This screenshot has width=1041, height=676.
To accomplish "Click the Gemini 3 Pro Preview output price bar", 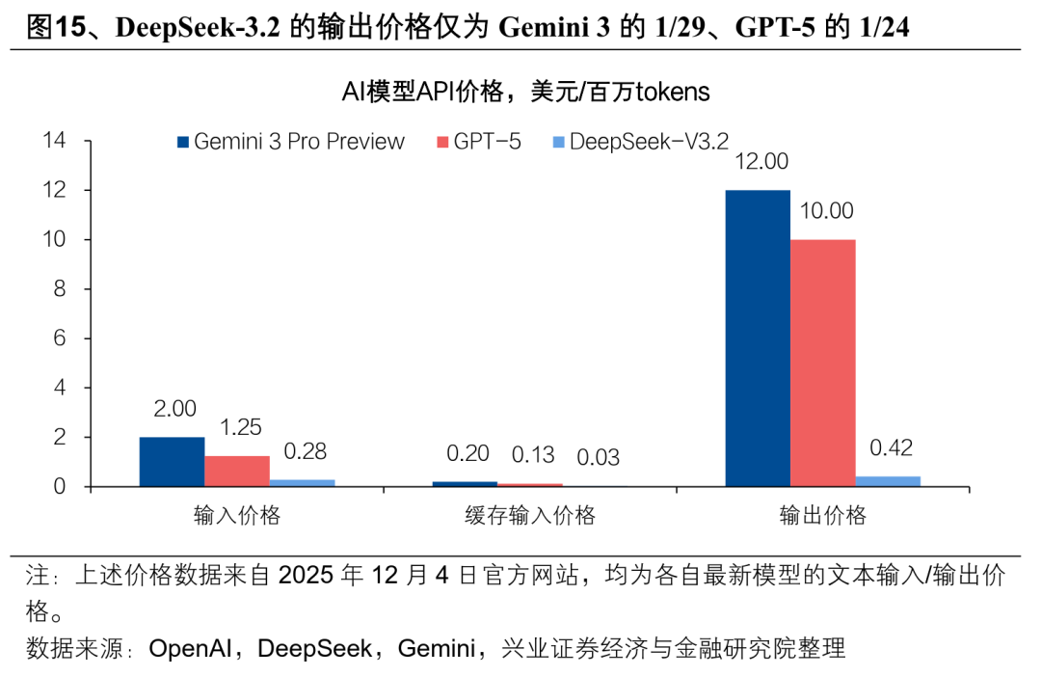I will coord(757,338).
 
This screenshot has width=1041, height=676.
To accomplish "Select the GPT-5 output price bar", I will coord(822,363).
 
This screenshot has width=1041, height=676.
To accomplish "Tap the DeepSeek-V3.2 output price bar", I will coord(888,481).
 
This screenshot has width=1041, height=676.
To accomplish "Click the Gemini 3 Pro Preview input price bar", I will coord(172,462).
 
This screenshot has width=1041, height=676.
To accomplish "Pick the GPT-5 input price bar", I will coord(237,471).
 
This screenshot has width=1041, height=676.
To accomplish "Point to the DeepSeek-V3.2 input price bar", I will coord(302,482).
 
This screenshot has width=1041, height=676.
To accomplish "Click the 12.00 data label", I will coord(761,161).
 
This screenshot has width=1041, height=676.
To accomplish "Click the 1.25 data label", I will coord(239,427).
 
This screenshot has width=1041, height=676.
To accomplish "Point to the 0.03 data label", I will coord(598,457).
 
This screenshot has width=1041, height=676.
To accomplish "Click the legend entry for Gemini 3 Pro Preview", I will coord(290,142).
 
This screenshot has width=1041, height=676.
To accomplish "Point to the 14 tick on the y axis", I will coord(54,142).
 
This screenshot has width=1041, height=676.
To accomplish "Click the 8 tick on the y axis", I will coord(59,289).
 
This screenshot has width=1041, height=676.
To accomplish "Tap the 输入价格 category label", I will coord(237,515).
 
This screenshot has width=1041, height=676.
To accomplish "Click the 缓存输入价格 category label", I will coord(529,515).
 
